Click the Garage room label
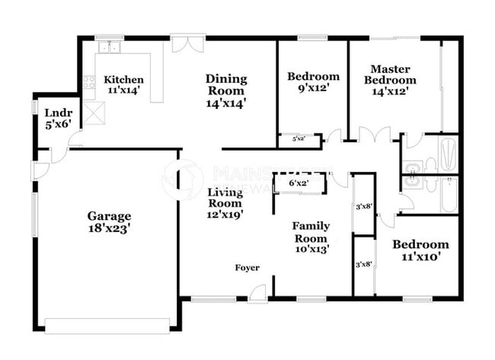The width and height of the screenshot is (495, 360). tap(109, 216)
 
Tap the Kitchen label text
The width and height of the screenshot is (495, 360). tap(124, 80)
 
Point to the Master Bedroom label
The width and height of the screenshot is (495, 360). tap(390, 75)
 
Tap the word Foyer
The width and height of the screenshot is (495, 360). tap(246, 268)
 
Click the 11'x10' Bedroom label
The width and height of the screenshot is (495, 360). tap(420, 245)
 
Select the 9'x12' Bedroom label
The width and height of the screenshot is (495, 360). tap(312, 76)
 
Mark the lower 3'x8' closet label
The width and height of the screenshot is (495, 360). tap(363, 264)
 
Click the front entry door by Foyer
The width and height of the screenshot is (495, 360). tap(260, 292)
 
